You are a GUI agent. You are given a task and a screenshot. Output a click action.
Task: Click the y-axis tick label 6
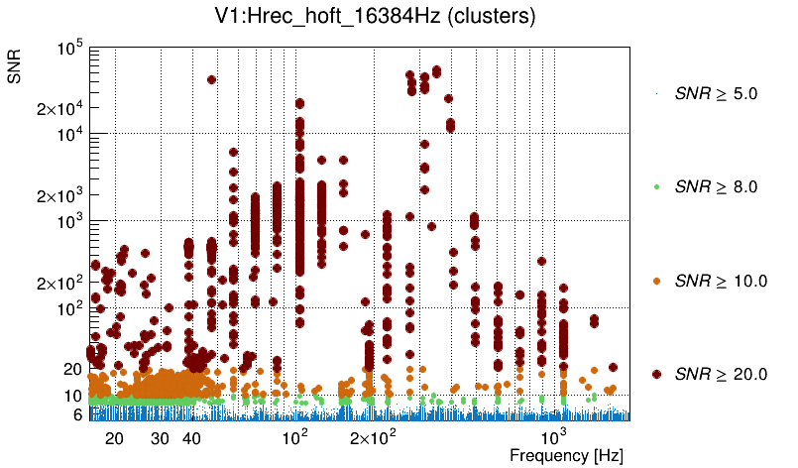[x=75, y=414]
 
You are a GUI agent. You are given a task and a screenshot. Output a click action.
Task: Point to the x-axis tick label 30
[x=161, y=438]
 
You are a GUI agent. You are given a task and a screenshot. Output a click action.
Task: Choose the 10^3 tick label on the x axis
[x=552, y=437]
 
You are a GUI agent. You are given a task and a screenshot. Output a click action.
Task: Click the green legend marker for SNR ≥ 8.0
[x=657, y=187]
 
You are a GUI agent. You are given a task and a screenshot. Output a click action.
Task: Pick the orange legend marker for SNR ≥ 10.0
[x=657, y=281]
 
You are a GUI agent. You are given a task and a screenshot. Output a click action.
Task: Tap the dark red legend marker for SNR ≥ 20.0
[x=657, y=374]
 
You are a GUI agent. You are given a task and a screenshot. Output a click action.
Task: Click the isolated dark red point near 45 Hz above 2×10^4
[x=211, y=80]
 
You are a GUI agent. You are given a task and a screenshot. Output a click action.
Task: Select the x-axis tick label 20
[x=114, y=438]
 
